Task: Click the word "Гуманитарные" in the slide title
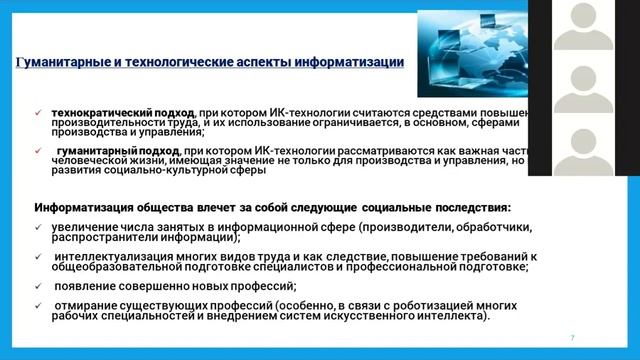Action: coord(68,62)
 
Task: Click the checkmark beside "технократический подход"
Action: coord(38,112)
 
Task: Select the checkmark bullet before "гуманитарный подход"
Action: coord(38,151)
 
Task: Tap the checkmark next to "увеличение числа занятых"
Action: coord(38,228)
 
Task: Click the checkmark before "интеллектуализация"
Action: coord(38,255)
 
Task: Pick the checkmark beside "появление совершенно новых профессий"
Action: coord(38,284)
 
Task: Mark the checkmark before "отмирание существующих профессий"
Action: coord(38,304)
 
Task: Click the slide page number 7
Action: coord(572,337)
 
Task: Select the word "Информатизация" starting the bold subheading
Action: coord(82,207)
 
